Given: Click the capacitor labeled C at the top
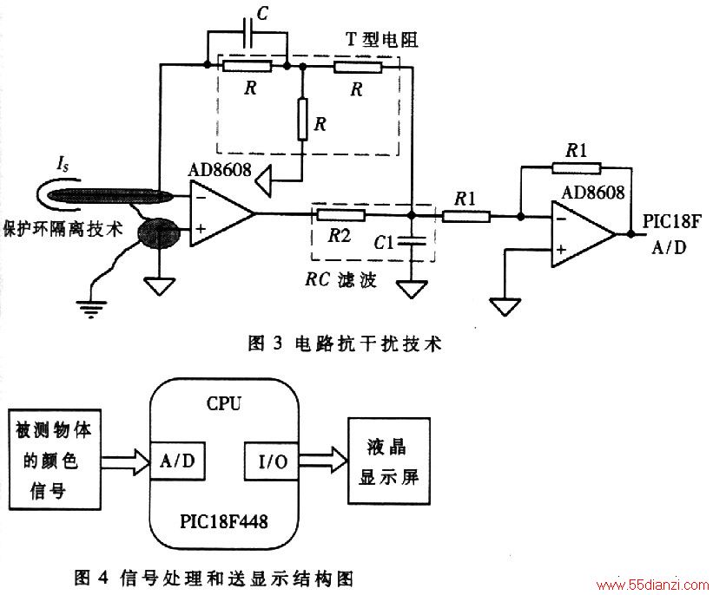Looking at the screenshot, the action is click(248, 32).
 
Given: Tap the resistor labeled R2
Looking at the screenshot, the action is click(340, 214).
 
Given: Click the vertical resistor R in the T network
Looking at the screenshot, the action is click(302, 119).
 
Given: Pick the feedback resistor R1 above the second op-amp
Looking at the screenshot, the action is click(577, 168).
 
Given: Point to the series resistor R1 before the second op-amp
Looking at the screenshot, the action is click(466, 217).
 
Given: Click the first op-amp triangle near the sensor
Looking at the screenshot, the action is click(222, 213).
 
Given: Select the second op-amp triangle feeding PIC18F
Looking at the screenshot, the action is click(584, 234).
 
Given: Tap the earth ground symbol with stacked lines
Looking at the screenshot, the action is click(91, 309).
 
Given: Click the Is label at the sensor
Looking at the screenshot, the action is click(63, 165).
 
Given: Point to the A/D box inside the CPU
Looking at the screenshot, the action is click(177, 461).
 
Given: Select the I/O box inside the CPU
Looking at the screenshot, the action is click(273, 461).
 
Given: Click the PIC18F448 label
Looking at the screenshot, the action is click(224, 521).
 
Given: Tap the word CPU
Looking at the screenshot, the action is click(224, 403).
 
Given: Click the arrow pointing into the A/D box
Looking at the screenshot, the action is click(126, 462).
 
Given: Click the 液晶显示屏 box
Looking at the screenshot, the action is click(389, 461).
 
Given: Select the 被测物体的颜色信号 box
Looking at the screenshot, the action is click(55, 459).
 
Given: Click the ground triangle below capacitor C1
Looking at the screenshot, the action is click(412, 289).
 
